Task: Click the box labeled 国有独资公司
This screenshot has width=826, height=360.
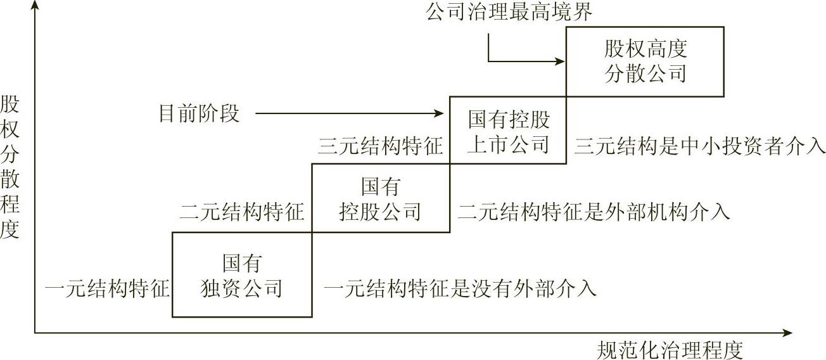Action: coord(242,275)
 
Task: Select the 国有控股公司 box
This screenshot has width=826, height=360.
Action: coord(380,198)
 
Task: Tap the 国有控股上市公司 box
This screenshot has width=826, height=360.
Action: coord(508,132)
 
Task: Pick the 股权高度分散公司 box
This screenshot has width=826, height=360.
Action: coord(645,61)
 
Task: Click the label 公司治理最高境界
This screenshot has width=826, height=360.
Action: coord(509,11)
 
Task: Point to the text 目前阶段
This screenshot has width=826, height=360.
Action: coord(199,114)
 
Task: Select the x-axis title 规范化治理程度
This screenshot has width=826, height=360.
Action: coord(670,349)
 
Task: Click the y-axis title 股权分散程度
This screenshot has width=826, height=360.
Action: coord(11,167)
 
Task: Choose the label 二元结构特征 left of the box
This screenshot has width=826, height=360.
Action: coord(242,211)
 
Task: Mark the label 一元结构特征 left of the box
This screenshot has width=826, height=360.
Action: coord(107,289)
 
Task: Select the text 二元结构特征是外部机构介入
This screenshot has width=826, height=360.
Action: coord(594,211)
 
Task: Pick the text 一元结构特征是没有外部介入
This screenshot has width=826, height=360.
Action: coord(461,289)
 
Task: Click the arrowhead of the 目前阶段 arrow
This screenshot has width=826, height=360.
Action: coord(440,114)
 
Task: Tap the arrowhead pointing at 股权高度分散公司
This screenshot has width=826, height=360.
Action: coord(559,61)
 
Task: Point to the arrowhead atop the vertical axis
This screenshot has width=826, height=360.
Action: coord(35,6)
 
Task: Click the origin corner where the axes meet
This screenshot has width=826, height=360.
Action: coord(35,332)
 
